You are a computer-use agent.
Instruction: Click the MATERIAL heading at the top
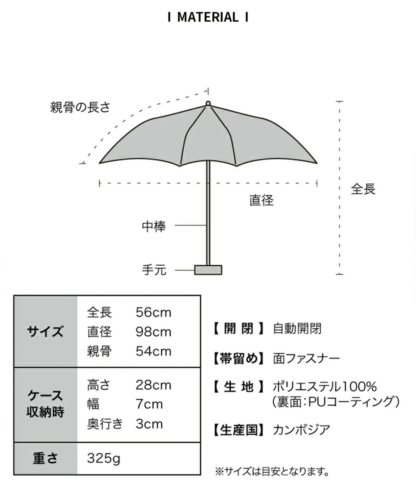coord(208,17)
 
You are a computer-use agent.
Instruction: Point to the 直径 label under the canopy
coord(261,200)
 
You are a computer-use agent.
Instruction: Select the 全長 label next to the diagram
coord(363,189)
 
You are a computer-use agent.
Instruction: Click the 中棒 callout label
coord(154,226)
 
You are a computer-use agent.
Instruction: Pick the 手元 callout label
coord(154,270)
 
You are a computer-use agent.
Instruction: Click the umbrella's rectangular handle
coord(208,270)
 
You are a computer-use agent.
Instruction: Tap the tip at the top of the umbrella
coord(208,103)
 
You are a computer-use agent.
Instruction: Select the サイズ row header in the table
coord(45,332)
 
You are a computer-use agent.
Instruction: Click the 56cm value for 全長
coord(154,313)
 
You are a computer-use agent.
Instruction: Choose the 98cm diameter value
coord(154,332)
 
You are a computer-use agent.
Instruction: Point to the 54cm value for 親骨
coord(154,352)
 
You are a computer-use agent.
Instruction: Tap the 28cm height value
coord(154,385)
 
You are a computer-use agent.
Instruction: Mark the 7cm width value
coord(149,405)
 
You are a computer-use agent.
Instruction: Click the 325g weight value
coord(104,459)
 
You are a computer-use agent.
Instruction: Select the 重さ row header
coord(45,459)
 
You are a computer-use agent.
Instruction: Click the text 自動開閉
coord(297,329)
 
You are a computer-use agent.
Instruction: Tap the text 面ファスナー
coord(306,359)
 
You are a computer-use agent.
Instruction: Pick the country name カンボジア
coord(301,430)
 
